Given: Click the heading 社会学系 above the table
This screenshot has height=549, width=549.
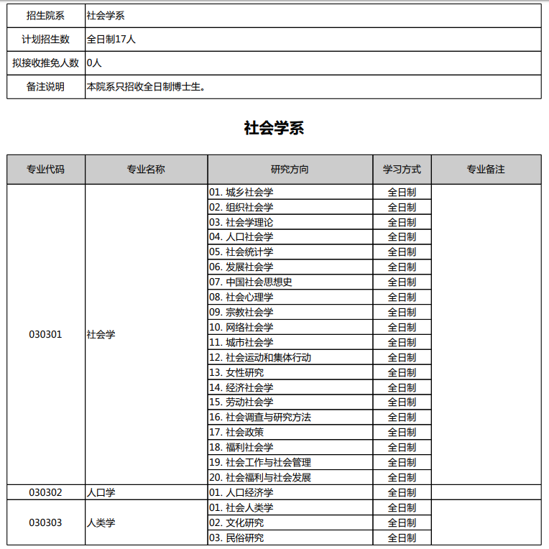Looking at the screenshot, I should pos(274,128).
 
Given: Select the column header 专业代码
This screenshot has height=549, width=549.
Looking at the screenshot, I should pos(45,170).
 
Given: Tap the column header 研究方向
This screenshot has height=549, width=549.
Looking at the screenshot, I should pos(290,170).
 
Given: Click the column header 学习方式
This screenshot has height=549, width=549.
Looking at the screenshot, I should pos(402,170).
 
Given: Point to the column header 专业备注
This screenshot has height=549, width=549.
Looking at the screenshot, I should pos(486,170).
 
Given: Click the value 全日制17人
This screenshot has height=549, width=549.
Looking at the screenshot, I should pos(111,39).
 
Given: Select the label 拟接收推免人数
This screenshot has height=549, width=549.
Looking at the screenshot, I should pos(45,63).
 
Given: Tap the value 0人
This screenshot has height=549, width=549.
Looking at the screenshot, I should pos(94,63).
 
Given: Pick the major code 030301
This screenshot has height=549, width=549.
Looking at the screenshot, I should pos(45,334).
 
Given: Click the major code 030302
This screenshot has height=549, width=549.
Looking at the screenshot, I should pos(45,492).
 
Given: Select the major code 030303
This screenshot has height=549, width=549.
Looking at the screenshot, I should pos(45,522).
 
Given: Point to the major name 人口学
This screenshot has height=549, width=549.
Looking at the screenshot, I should pos(101,492).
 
